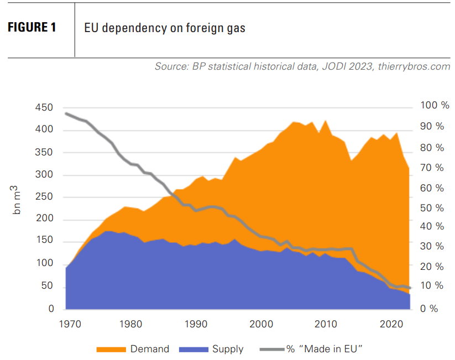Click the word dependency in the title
127,28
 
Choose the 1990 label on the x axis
196,323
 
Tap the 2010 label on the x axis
327,323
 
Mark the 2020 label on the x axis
392,323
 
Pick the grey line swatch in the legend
271,349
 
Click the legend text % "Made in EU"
323,349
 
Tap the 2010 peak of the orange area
326,121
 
